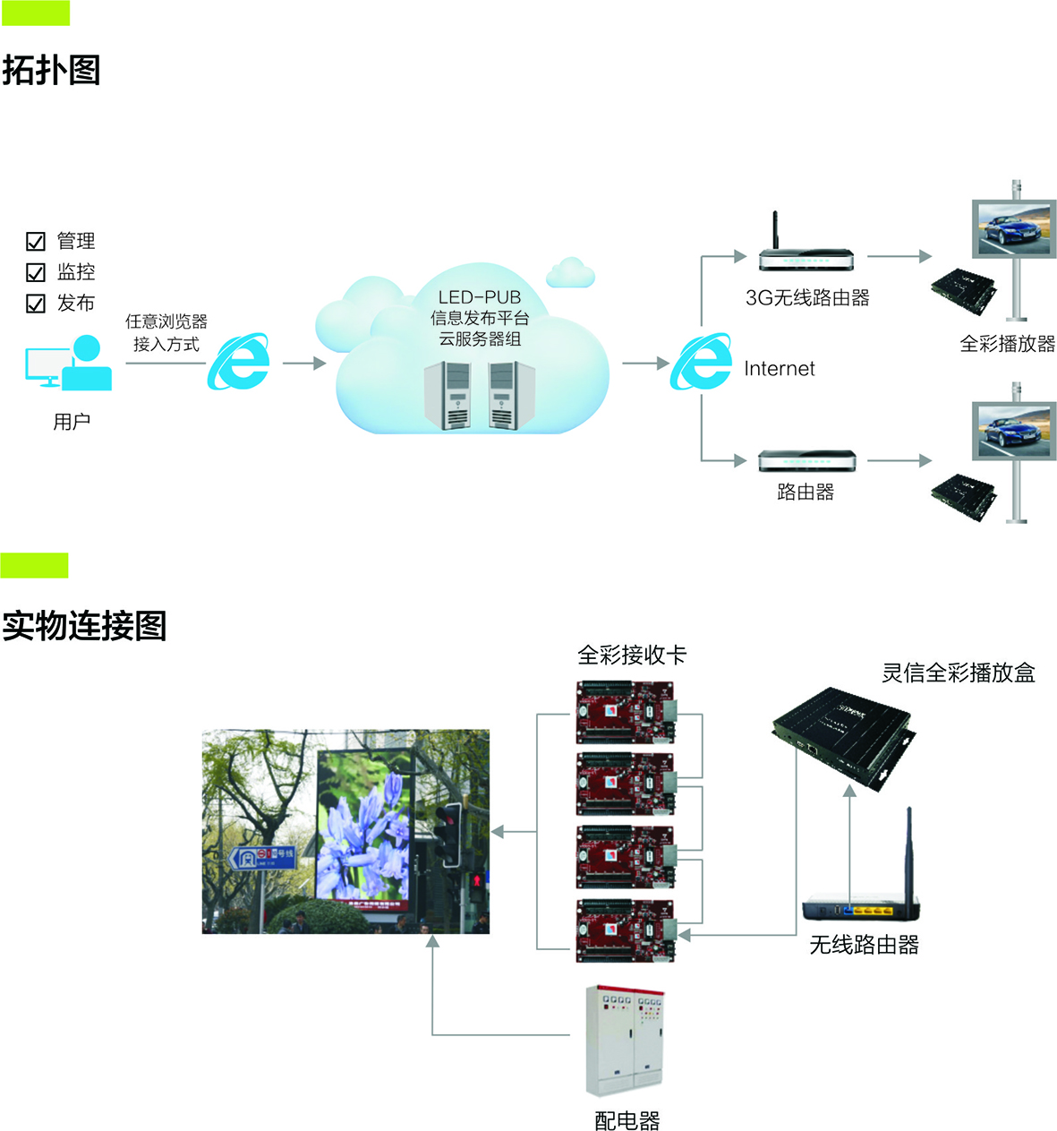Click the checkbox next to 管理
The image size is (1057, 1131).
tap(36, 241)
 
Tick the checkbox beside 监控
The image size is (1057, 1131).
tap(36, 272)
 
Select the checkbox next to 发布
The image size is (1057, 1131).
tap(36, 304)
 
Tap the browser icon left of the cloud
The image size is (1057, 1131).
tap(239, 362)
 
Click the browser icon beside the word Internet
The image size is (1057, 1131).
tap(702, 362)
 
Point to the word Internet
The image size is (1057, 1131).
tap(779, 369)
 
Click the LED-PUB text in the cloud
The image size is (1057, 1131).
tap(479, 297)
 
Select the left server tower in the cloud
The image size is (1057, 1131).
tap(447, 395)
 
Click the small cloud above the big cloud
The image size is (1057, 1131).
tap(570, 272)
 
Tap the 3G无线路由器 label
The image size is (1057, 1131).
tap(807, 298)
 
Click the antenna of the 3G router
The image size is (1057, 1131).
tap(776, 231)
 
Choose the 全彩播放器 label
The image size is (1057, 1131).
tap(1007, 344)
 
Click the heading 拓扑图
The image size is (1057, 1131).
tap(51, 70)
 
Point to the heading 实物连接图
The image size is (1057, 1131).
tap(84, 626)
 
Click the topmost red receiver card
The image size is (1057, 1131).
tap(625, 712)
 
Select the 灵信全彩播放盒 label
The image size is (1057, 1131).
tap(958, 673)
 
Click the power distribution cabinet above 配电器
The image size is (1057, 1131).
tap(625, 1041)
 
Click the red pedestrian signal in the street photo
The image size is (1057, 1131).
tap(477, 880)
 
